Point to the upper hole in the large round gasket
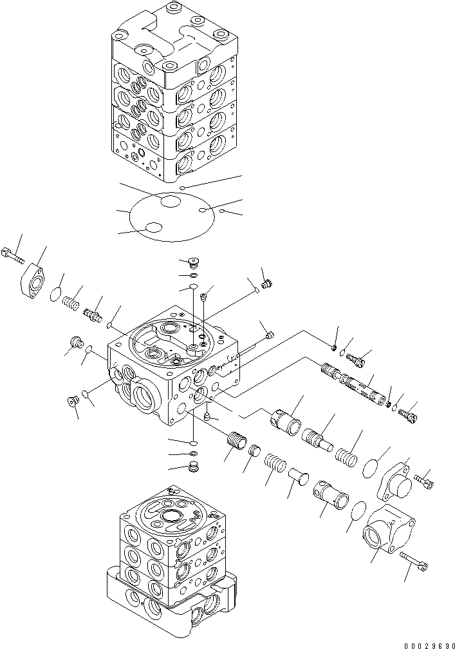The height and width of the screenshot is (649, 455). [170, 202]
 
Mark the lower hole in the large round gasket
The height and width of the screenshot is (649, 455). [154, 228]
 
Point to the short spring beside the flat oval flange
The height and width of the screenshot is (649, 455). [72, 298]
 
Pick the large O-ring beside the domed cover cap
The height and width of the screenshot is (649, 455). [367, 467]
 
